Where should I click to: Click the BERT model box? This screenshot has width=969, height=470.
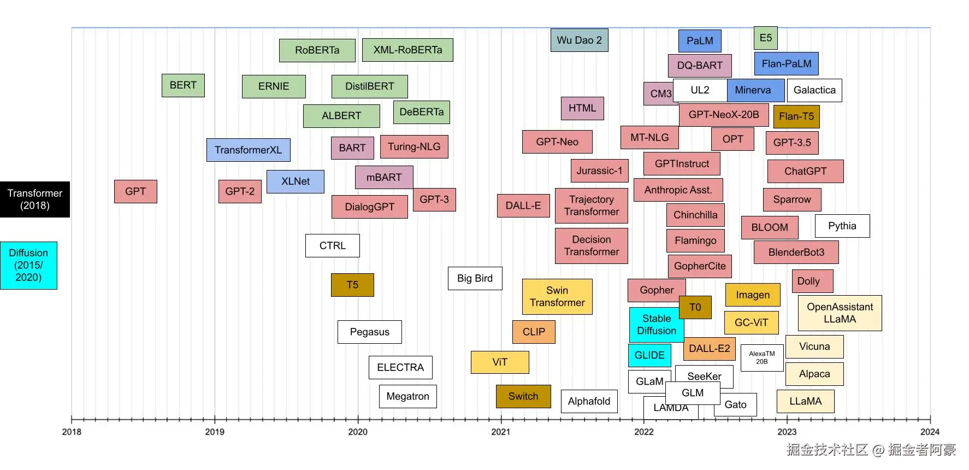pos(183,85)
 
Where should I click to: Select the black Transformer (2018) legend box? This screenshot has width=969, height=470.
pos(35,199)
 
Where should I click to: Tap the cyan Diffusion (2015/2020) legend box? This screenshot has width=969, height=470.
pos(28,265)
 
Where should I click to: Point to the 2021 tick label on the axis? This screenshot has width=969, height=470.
pos(500,432)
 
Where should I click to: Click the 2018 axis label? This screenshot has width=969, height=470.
pos(72,432)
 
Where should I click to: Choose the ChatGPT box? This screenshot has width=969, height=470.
pos(805,171)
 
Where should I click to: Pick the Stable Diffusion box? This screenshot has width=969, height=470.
pos(656,325)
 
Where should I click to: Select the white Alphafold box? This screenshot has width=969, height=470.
pos(589,401)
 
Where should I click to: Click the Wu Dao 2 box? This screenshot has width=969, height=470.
pos(579,40)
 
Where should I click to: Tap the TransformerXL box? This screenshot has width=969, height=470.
pos(248,150)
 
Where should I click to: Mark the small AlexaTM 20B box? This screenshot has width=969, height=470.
pos(761,358)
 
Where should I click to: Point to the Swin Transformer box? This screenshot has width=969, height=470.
pos(557,297)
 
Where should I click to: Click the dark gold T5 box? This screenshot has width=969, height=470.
pos(352,285)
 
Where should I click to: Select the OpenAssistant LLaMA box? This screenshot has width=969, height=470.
pos(840,313)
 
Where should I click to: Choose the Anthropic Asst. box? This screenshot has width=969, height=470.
pos(678,190)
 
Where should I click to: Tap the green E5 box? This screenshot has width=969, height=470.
pos(765,38)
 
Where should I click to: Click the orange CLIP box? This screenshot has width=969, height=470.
pos(534,332)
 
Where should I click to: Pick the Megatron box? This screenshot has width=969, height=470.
pos(407,396)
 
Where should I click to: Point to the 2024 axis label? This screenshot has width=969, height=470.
pos(930,432)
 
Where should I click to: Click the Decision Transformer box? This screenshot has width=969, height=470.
pos(591,245)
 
